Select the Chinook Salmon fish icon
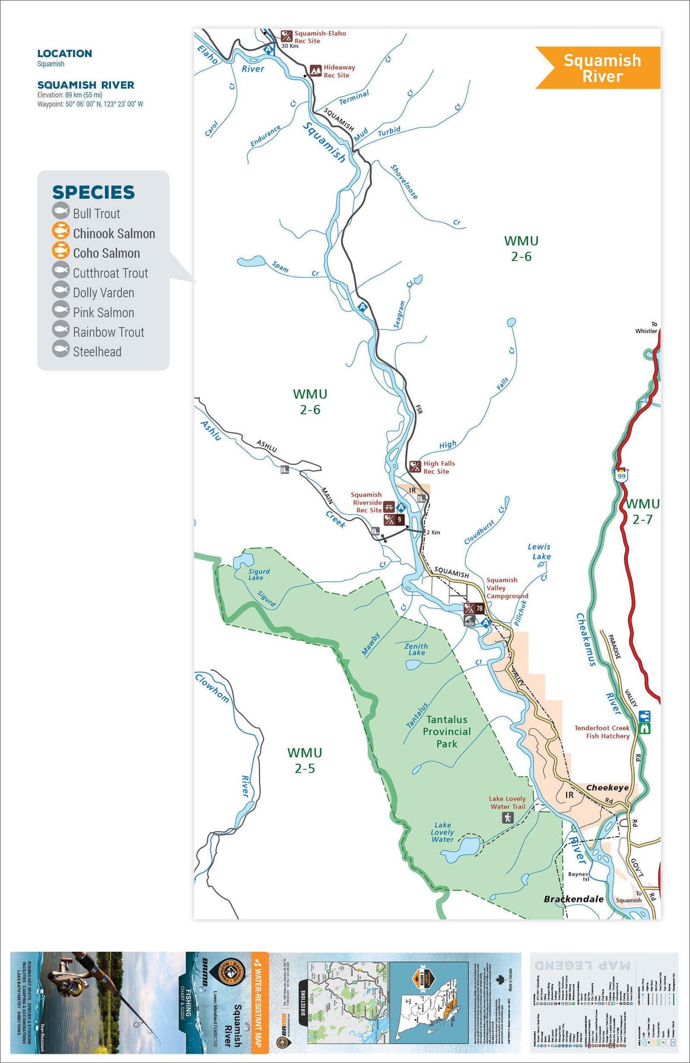pyautogui.click(x=61, y=231)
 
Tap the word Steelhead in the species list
pyautogui.click(x=97, y=352)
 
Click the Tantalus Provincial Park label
pyautogui.click(x=447, y=731)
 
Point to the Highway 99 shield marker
pyautogui.click(x=621, y=475)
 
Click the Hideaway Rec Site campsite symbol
pyautogui.click(x=315, y=71)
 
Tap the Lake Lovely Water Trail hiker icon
pyautogui.click(x=508, y=818)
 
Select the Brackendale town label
pyautogui.click(x=573, y=899)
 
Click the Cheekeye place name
pyautogui.click(x=607, y=787)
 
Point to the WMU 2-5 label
pyautogui.click(x=305, y=760)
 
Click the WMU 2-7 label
pyautogui.click(x=642, y=511)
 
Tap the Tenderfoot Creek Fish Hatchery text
pyautogui.click(x=602, y=732)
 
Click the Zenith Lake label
pyautogui.click(x=416, y=649)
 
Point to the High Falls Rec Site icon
pyautogui.click(x=415, y=467)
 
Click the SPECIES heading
pyautogui.click(x=93, y=192)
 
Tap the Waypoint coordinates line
pyautogui.click(x=90, y=104)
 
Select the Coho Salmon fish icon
pyautogui.click(x=61, y=251)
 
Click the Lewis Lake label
pyautogui.click(x=539, y=551)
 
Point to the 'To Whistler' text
pyautogui.click(x=646, y=327)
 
